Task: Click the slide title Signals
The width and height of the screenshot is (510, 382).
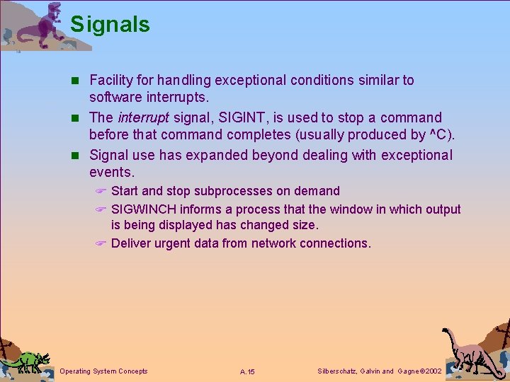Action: click(110, 25)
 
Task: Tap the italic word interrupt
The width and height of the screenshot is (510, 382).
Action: click(143, 117)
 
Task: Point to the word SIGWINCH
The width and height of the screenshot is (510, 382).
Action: click(144, 209)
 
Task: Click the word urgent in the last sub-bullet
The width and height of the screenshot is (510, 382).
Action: click(176, 243)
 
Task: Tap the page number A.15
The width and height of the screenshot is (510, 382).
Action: click(247, 371)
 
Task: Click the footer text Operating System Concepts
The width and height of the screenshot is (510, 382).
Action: click(104, 371)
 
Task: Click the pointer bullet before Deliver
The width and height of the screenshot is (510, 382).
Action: click(101, 244)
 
